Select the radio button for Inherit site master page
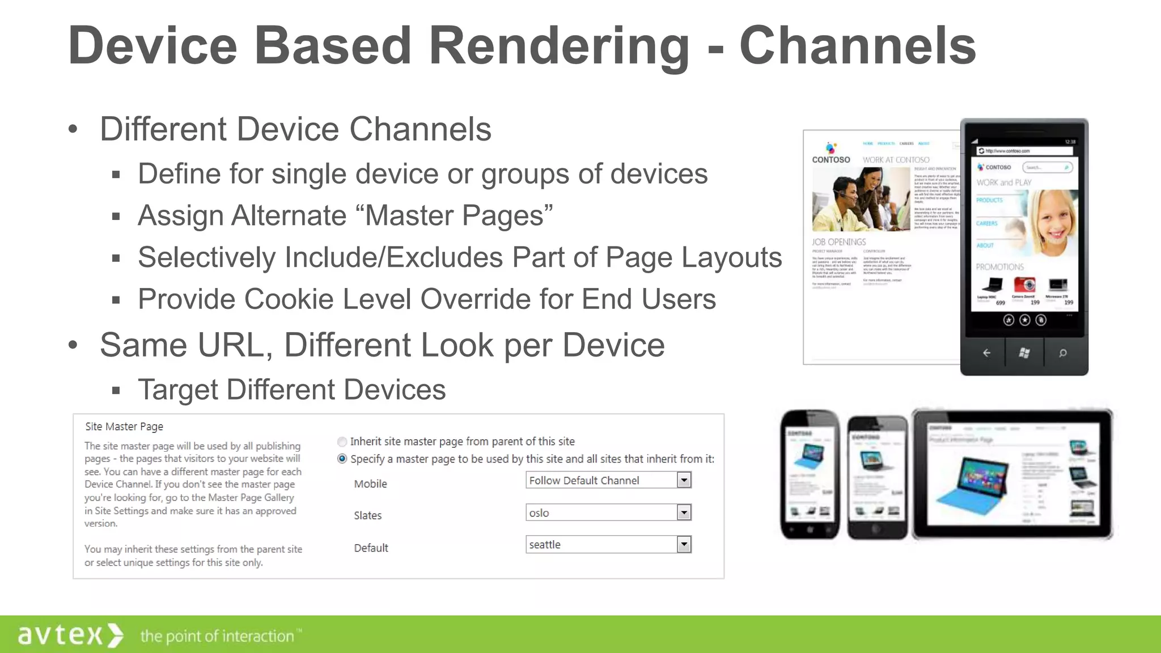pyautogui.click(x=342, y=442)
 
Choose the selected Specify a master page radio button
pyautogui.click(x=342, y=459)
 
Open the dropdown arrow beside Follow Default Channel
pyautogui.click(x=684, y=480)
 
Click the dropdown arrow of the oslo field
pyautogui.click(x=684, y=512)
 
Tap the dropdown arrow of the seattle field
pyautogui.click(x=684, y=545)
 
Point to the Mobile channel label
pyautogui.click(x=370, y=484)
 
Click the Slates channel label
pyautogui.click(x=367, y=515)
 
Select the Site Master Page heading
pyautogui.click(x=124, y=426)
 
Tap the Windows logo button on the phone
pyautogui.click(x=1024, y=353)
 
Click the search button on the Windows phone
pyautogui.click(x=1063, y=353)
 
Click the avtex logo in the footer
pyautogui.click(x=69, y=635)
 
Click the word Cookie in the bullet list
pyautogui.click(x=289, y=299)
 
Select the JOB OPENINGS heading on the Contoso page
pyautogui.click(x=838, y=242)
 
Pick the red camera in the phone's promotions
pyautogui.click(x=1024, y=284)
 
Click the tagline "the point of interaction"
pyautogui.click(x=217, y=636)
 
